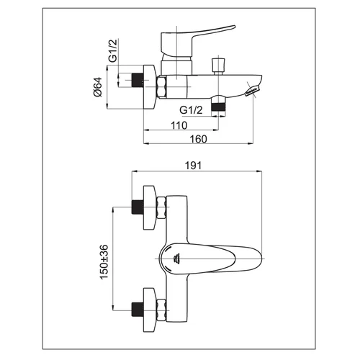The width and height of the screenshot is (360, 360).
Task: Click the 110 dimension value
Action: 179,125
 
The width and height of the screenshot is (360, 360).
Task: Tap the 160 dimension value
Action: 198,139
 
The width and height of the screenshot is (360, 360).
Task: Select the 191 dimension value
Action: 194,166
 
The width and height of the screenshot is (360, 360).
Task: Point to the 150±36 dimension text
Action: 104,262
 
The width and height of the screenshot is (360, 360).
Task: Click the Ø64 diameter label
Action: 98,87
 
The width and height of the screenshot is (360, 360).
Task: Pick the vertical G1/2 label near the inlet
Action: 112,50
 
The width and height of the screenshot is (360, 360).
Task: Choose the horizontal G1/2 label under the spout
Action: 191,110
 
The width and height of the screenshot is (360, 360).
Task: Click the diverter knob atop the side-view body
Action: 218,66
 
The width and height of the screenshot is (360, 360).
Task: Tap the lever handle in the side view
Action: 192,41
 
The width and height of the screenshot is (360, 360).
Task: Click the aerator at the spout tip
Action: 251,91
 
